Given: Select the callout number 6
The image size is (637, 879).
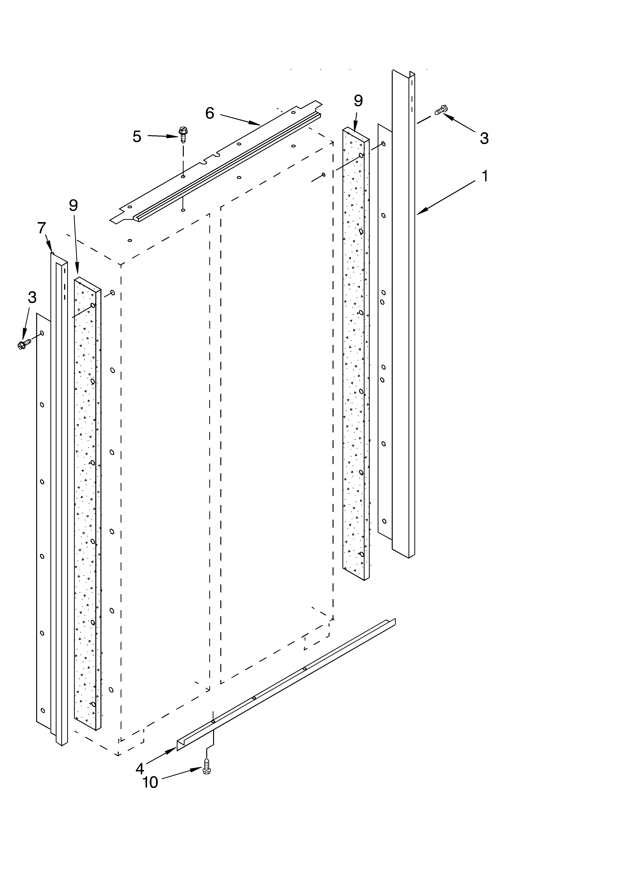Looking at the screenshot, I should click(209, 113).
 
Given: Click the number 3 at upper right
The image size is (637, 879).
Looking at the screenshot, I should click(484, 138).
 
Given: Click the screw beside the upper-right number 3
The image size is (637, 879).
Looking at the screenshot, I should click(441, 110).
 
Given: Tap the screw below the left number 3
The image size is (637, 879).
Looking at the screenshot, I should click(24, 344).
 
